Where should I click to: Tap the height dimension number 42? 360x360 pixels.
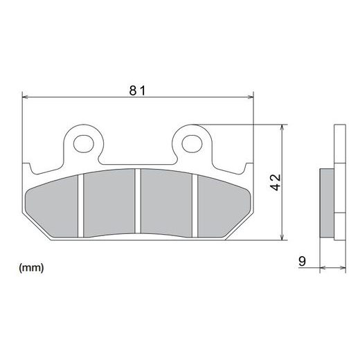[x=276, y=183]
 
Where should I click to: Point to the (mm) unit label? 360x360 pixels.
[x=33, y=267]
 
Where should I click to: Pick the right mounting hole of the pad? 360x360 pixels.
[x=192, y=144]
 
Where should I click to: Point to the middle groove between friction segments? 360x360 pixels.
[x=138, y=204]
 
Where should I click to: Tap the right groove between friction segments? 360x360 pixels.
[x=197, y=204]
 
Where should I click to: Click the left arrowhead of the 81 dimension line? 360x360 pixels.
[x=26, y=98]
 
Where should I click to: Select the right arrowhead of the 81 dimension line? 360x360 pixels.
[x=251, y=98]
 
